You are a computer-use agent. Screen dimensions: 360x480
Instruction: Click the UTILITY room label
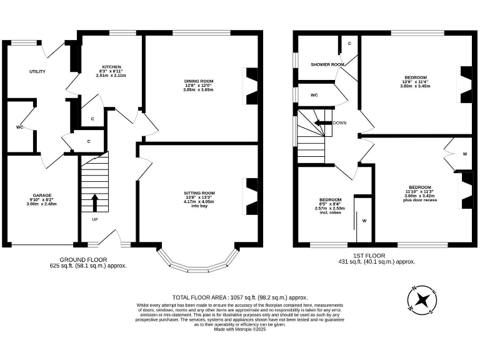tap(37, 71)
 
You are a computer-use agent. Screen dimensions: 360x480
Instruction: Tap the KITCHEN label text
tap(112, 67)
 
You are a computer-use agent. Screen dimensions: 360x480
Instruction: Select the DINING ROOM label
tap(199, 81)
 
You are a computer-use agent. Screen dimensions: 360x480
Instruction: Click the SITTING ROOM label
tap(199, 193)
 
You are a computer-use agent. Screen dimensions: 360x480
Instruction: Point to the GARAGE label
tap(42, 195)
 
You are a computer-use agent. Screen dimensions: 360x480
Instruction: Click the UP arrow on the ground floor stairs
tap(95, 202)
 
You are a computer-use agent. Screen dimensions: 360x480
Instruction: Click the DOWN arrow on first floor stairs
tap(323, 123)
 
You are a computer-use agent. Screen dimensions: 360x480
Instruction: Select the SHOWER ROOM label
tap(328, 65)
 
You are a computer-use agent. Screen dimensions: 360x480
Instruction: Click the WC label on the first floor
tap(314, 96)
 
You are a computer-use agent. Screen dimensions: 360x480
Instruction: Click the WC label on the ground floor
tap(20, 127)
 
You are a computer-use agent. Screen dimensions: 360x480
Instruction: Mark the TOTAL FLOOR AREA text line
tap(240, 297)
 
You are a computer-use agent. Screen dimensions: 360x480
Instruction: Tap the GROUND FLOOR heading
tap(83, 259)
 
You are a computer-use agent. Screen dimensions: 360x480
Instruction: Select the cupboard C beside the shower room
tap(349, 43)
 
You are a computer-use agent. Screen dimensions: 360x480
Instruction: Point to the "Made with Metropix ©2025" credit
tap(240, 329)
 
